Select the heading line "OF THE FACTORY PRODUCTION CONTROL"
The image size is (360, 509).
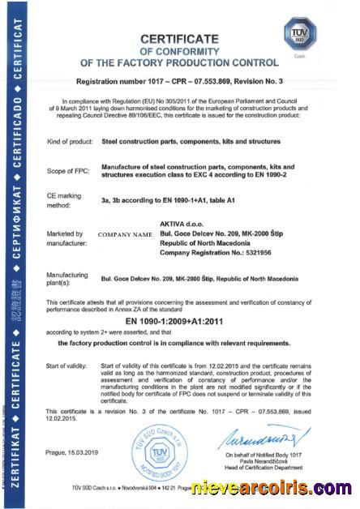(179, 62)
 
